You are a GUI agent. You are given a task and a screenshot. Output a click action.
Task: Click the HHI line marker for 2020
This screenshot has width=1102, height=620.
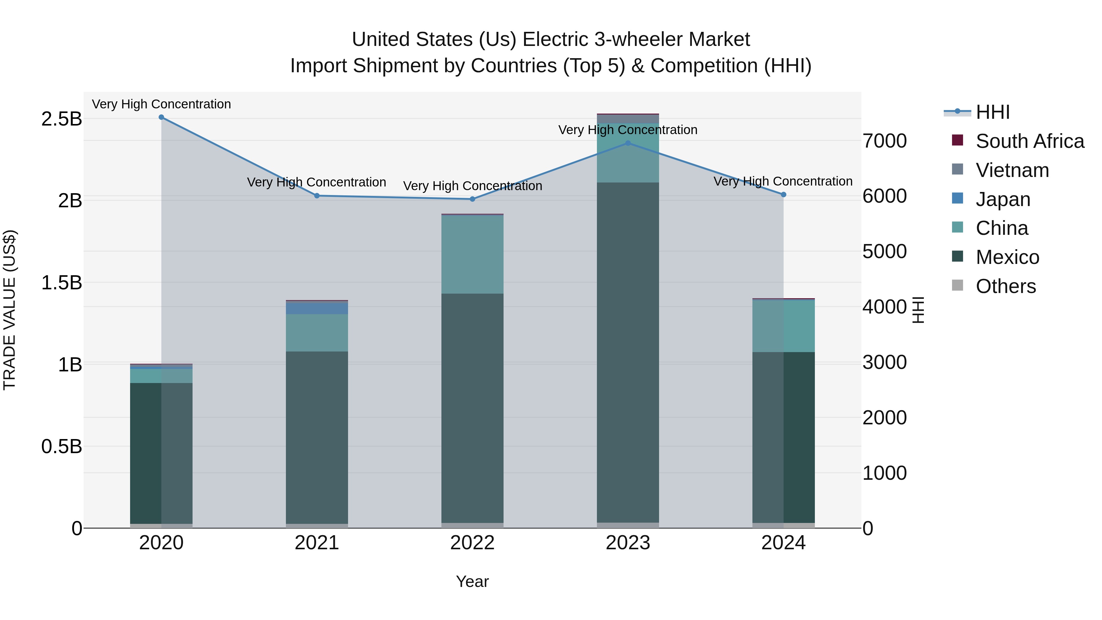pos(161,117)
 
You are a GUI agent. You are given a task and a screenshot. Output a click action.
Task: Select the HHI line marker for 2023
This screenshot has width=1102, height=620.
pos(628,143)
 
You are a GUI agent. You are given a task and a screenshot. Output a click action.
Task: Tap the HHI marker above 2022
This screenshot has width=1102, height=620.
pos(472,199)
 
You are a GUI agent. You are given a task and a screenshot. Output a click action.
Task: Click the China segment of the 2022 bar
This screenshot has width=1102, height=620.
pos(472,255)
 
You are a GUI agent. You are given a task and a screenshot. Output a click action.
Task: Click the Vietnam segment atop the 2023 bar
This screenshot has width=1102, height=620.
pos(628,119)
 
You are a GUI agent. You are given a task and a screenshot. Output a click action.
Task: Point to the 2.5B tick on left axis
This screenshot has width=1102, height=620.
pos(61,119)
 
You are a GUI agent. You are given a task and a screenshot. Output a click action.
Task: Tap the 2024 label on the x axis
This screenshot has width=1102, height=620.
pos(783,543)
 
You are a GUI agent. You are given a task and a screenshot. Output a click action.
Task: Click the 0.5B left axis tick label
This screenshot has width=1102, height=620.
pos(61,447)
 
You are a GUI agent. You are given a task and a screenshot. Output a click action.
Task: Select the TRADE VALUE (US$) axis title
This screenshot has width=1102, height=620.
pos(9,310)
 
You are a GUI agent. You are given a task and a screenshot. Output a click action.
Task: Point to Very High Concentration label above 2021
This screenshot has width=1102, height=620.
pos(317,182)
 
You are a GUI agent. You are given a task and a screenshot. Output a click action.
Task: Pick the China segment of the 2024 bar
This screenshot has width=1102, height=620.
pos(783,326)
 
